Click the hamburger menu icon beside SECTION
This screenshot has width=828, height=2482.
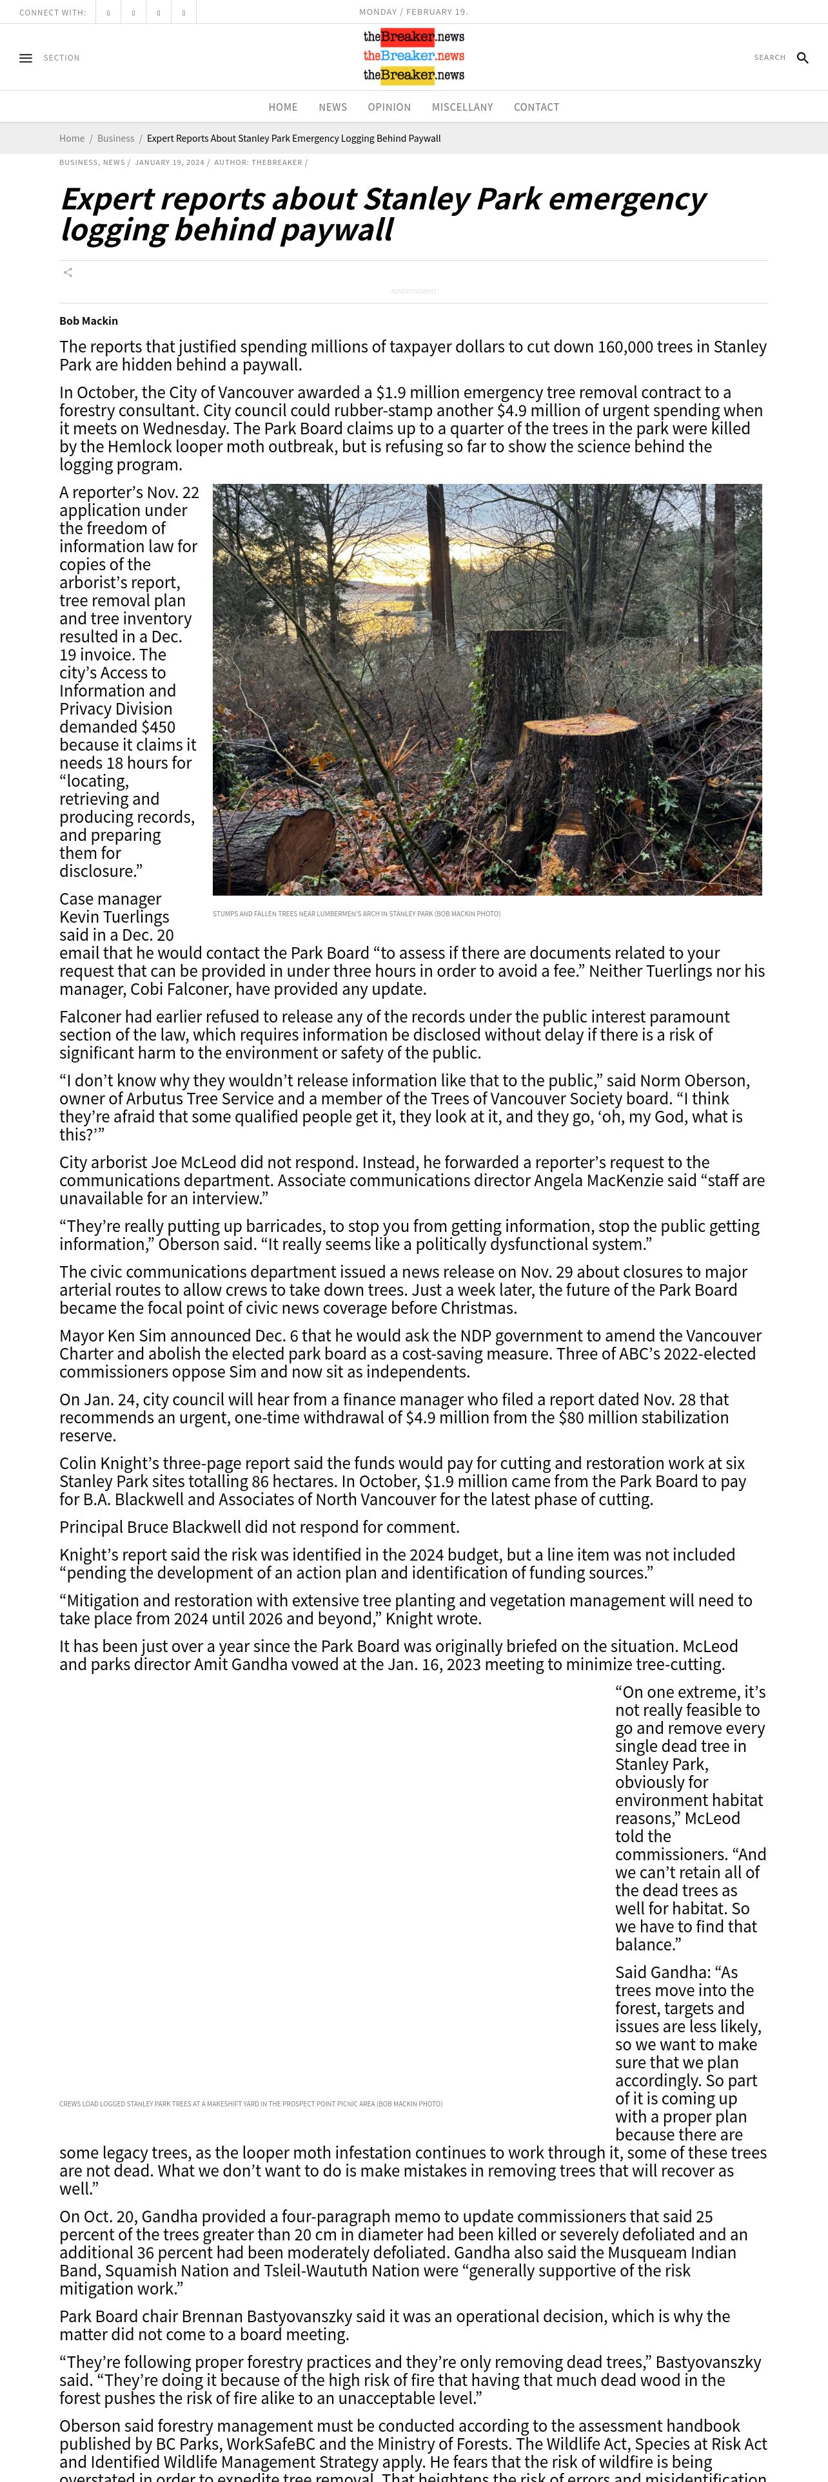26,58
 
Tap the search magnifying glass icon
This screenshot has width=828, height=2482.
802,58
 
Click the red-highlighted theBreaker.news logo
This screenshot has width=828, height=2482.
413,37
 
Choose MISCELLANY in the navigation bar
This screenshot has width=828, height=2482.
462,107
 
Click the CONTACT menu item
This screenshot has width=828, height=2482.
536,107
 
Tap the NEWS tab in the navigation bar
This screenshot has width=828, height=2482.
333,107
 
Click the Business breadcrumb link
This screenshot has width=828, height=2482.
115,139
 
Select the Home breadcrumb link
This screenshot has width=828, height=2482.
72,139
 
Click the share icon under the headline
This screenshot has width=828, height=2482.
68,273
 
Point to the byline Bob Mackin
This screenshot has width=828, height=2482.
89,321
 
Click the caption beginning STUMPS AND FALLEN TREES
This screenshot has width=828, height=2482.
356,914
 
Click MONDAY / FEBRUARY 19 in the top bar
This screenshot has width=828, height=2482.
413,12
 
